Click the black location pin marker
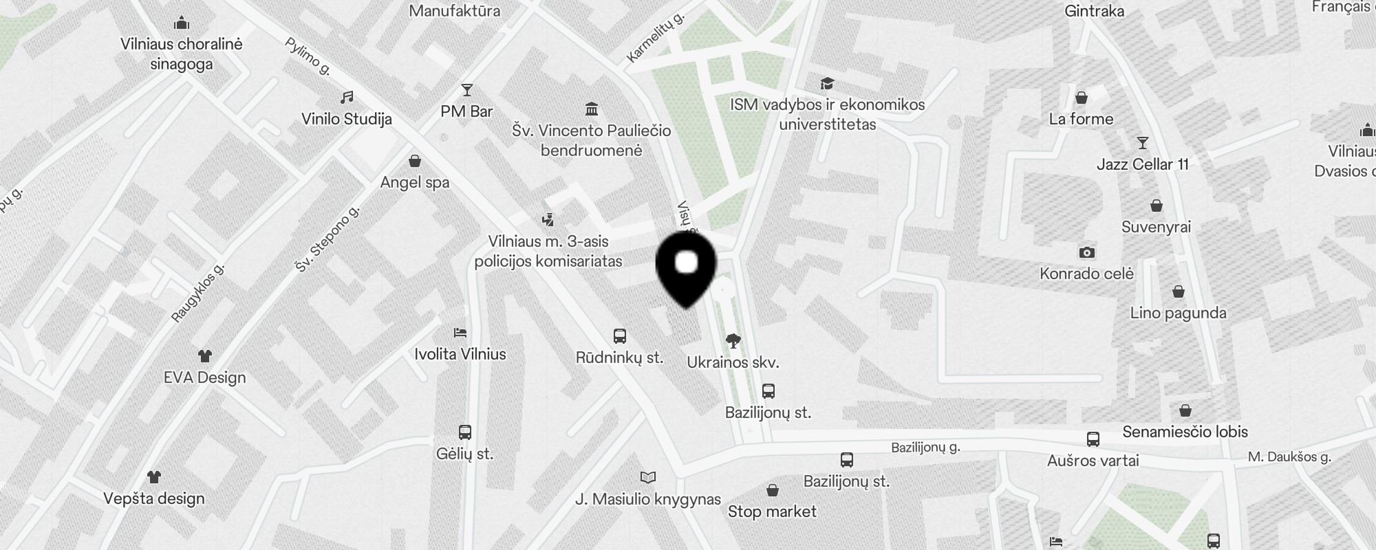tap(686, 268)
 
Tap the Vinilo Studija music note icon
tap(347, 98)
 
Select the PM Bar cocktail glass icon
tap(467, 90)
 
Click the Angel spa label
tap(415, 182)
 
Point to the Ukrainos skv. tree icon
tap(733, 340)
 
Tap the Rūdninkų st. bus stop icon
tap(619, 336)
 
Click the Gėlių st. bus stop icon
tap(465, 432)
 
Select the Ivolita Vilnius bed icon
tap(460, 333)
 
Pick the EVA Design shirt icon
tap(205, 356)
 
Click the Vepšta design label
tap(154, 498)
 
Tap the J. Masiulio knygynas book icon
tap(648, 477)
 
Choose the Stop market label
tap(772, 511)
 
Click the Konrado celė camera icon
tap(1087, 252)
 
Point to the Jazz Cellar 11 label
tap(1142, 164)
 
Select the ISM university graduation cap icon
tap(827, 84)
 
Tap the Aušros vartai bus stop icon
tap(1093, 439)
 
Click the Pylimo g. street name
tap(308, 56)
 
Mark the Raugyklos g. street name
tap(198, 293)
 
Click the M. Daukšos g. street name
tap(1289, 456)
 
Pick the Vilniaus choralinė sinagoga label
tap(182, 54)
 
